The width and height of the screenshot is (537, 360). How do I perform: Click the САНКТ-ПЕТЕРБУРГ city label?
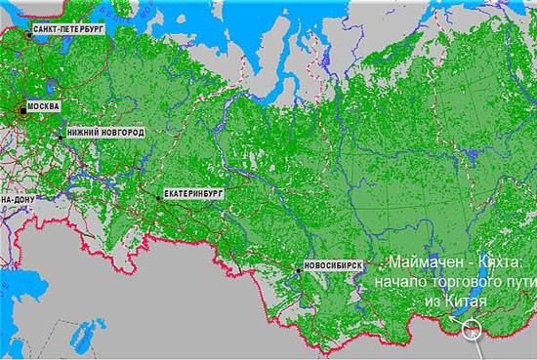pyautogui.click(x=67, y=30)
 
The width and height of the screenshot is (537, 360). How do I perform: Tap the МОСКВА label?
pyautogui.click(x=42, y=105)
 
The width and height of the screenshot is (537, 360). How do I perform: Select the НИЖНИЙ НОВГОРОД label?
pyautogui.click(x=105, y=132)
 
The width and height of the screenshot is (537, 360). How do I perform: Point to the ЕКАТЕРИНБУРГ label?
pyautogui.click(x=194, y=193)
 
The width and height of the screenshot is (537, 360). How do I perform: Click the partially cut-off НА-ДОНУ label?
pyautogui.click(x=17, y=199)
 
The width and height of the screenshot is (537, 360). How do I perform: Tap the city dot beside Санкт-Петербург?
pyautogui.click(x=28, y=36)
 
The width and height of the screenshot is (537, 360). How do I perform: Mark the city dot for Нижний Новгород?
pyautogui.click(x=61, y=137)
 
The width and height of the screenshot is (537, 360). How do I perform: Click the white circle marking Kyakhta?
pyautogui.click(x=472, y=329)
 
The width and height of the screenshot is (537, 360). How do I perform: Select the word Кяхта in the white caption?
pyautogui.click(x=504, y=263)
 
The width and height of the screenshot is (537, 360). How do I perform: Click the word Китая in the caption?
pyautogui.click(x=464, y=302)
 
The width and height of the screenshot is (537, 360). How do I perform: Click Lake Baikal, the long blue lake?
pyautogui.click(x=494, y=283)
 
